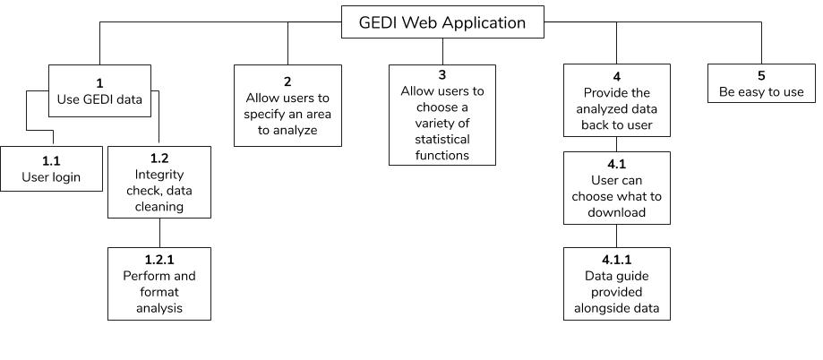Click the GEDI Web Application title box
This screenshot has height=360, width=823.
click(442, 22)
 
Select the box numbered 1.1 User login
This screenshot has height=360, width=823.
click(51, 168)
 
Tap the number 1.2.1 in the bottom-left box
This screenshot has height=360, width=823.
click(159, 260)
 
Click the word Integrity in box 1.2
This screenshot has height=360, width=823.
click(159, 175)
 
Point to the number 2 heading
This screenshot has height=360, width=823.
click(287, 81)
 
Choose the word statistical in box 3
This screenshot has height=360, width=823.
click(442, 140)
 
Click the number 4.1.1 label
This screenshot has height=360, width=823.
click(617, 260)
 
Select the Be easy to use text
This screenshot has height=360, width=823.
click(761, 92)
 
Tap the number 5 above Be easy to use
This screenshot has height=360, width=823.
click(761, 76)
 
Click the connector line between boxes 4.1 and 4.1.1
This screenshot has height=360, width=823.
click(617, 236)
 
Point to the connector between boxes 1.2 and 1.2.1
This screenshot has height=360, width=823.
click(159, 233)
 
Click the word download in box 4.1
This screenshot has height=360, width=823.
click(617, 212)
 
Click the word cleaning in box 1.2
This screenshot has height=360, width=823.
click(159, 207)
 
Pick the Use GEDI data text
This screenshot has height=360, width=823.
click(99, 99)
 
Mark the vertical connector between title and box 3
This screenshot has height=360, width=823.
click(442, 51)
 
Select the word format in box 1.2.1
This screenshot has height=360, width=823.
click(159, 292)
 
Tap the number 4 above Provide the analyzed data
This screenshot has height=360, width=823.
click(617, 77)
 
